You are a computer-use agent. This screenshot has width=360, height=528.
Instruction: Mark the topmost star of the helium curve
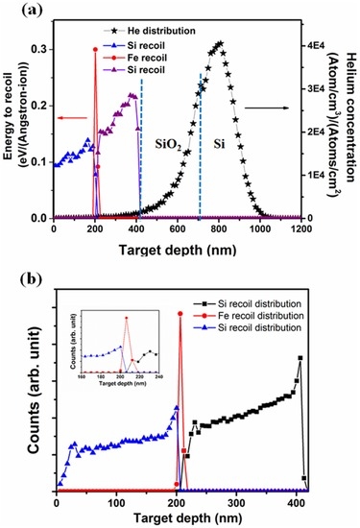(x=220, y=43)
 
